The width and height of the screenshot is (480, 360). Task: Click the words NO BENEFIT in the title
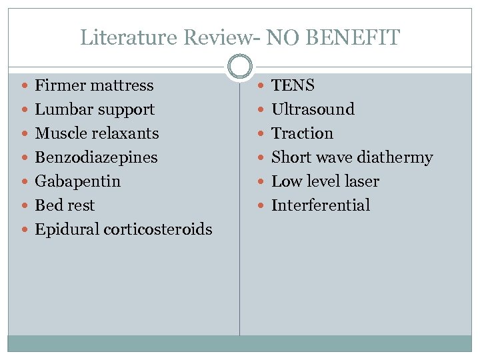point(333,38)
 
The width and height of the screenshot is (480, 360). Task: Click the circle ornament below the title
point(239,67)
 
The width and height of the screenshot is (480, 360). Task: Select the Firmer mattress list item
point(94,85)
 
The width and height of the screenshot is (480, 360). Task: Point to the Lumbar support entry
point(95,109)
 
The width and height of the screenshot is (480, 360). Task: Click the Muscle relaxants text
point(97,133)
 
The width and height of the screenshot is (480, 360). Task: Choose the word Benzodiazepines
point(96,157)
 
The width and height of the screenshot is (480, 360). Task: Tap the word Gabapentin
point(77,181)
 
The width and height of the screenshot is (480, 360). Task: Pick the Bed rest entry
point(65,205)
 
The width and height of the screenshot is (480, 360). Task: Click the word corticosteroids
point(158,229)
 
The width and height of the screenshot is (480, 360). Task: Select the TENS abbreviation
point(293,85)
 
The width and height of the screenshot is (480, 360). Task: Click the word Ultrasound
point(313,109)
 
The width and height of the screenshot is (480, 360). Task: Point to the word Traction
point(302,133)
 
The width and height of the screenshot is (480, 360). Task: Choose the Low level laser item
point(325,181)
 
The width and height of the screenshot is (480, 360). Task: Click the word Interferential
point(320,205)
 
